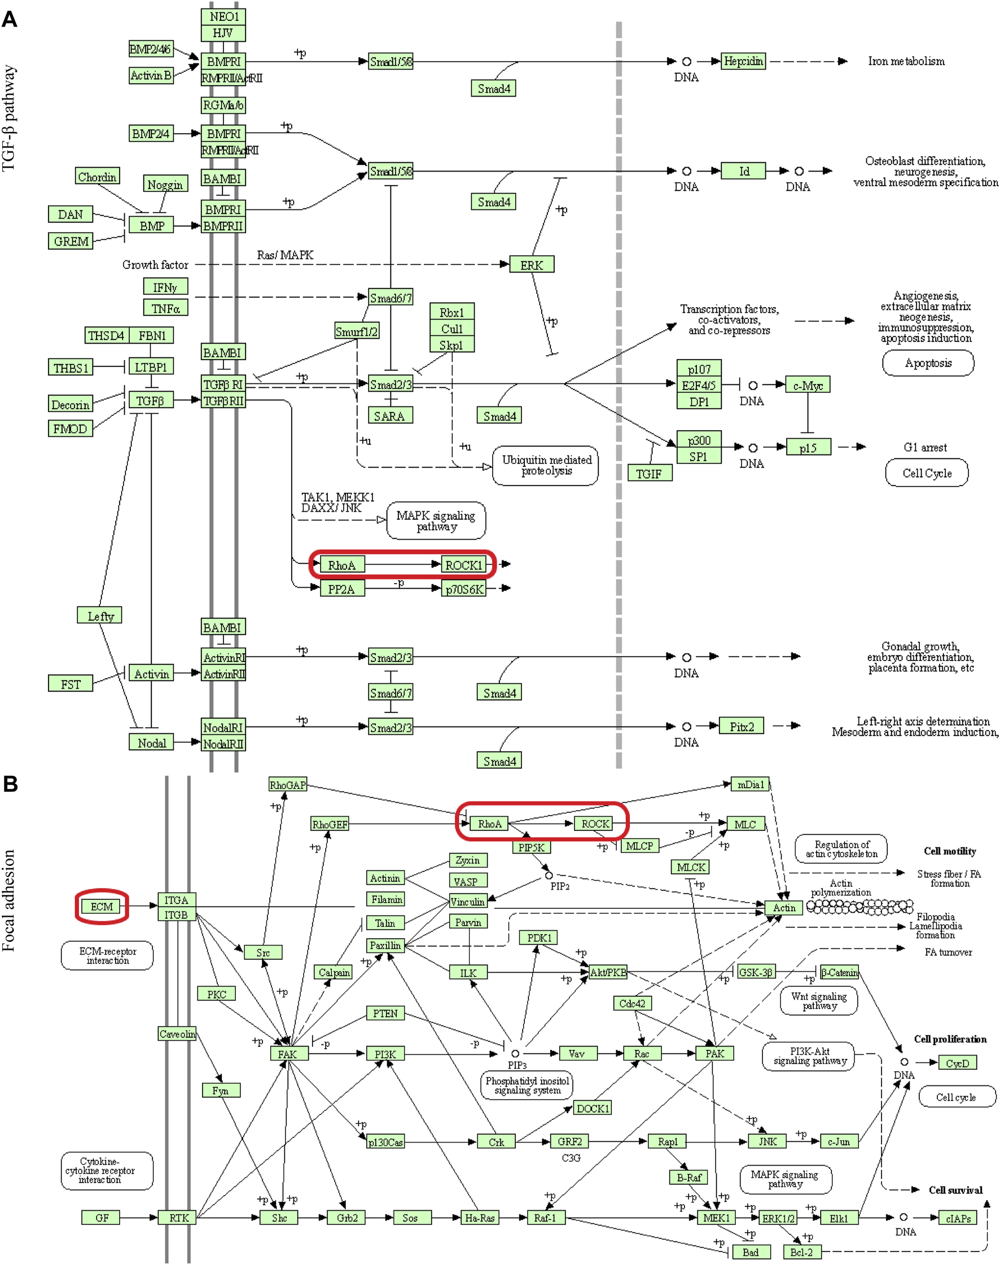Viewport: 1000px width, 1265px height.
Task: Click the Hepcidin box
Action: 743,61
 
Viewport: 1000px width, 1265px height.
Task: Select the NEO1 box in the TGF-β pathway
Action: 223,16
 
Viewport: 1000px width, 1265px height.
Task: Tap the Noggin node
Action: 165,185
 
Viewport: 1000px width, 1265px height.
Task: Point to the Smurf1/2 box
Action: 357,331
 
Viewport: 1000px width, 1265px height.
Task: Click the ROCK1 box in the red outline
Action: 464,565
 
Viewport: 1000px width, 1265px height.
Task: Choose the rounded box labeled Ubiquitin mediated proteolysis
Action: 546,466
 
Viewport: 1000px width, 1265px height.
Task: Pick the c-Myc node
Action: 808,386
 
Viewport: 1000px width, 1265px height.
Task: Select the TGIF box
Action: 650,473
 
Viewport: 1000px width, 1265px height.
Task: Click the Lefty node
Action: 99,615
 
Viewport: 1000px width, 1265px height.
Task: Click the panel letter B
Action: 10,783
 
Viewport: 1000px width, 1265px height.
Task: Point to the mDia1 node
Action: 750,784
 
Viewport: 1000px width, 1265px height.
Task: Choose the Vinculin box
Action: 467,902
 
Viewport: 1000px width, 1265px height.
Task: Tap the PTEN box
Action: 385,1014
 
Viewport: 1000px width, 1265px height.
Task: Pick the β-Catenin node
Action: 840,973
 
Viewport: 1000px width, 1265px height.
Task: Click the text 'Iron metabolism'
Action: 906,62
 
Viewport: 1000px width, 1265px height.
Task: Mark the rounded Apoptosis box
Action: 928,363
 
